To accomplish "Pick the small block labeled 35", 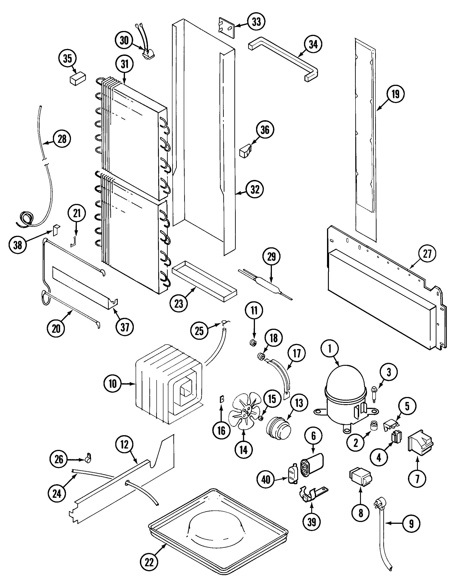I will pos(78,78).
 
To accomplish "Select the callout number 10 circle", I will pos(113,384).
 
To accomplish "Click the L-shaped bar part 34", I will pos(283,58).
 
